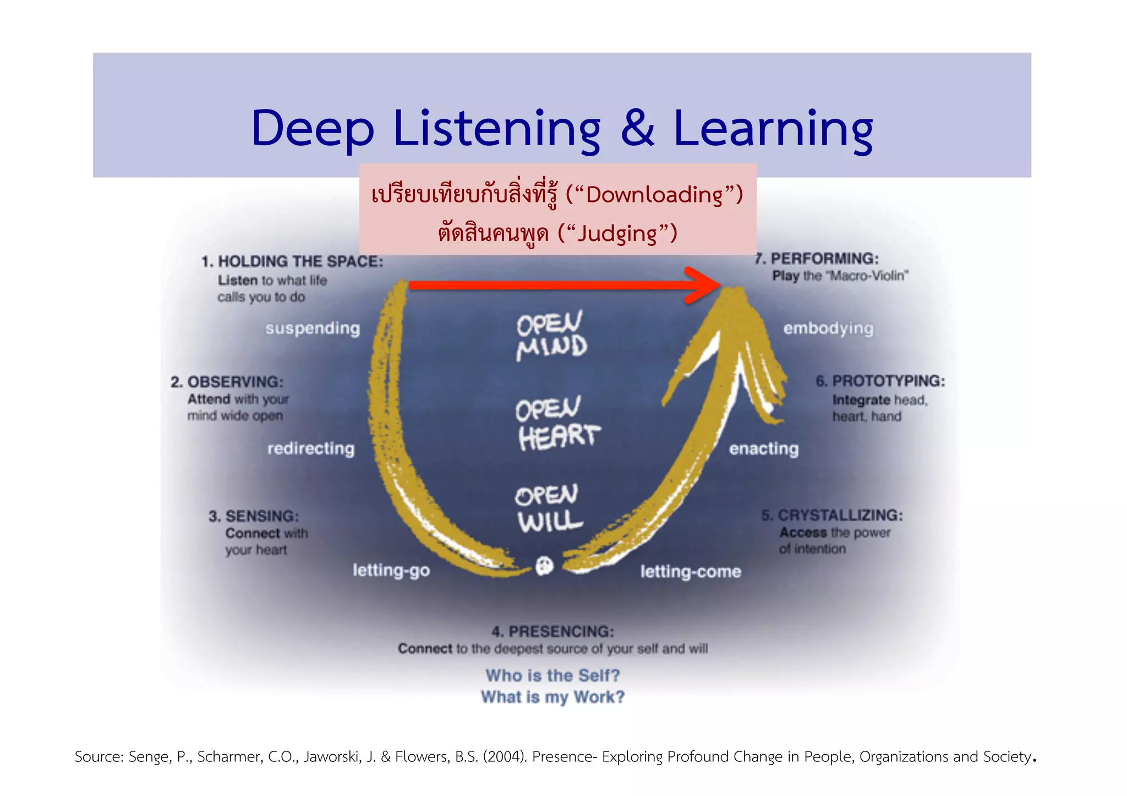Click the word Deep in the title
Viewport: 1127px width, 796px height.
click(x=312, y=129)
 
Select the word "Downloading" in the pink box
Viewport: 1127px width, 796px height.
click(x=654, y=195)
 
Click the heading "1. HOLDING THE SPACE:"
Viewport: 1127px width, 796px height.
click(x=292, y=261)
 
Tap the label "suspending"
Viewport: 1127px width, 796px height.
click(x=313, y=328)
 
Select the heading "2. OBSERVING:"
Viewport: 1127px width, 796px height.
click(x=227, y=382)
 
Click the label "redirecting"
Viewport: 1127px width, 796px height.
click(x=311, y=449)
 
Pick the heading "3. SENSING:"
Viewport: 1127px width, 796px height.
click(x=254, y=516)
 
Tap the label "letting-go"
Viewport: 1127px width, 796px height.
click(x=391, y=570)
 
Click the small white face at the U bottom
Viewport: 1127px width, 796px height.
click(x=545, y=566)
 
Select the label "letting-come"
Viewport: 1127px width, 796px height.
click(x=691, y=572)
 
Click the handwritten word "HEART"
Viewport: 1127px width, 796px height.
click(x=559, y=437)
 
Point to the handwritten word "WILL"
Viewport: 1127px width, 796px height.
click(x=550, y=521)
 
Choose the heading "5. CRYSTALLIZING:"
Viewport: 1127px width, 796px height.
click(x=832, y=515)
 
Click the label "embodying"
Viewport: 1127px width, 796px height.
click(x=828, y=328)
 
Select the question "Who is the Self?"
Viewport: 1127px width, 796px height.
click(x=552, y=676)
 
